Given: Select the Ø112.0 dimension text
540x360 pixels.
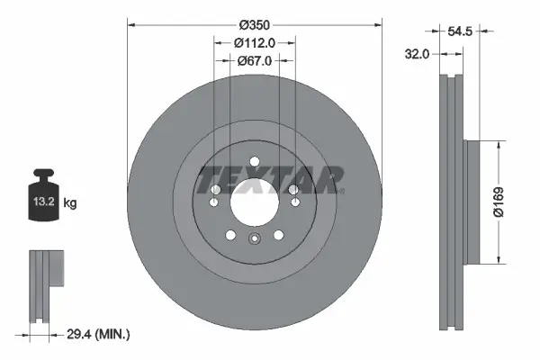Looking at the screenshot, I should [x=254, y=41].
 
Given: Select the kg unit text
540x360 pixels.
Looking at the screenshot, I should [x=70, y=203].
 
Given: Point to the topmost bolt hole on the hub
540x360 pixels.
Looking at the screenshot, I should [x=255, y=162].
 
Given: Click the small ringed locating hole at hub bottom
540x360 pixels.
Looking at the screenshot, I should [x=255, y=239].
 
